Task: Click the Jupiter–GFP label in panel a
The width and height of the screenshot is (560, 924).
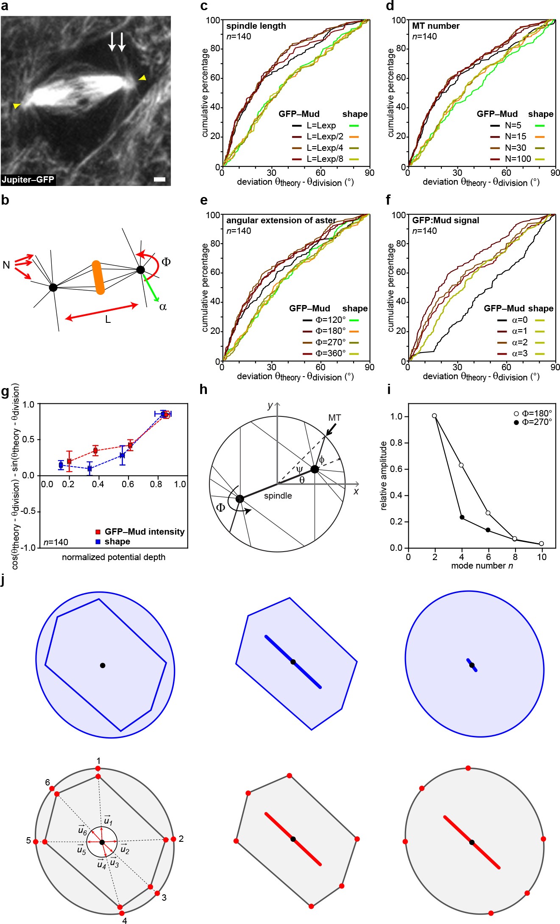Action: (x=28, y=180)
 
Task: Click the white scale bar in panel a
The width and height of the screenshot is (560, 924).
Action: (x=159, y=180)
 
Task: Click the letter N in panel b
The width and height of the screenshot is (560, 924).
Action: (x=6, y=265)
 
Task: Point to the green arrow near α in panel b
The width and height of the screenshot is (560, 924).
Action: (x=151, y=289)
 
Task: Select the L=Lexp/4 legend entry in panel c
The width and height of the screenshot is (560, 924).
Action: (x=325, y=148)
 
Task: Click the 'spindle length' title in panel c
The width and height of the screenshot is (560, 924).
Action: (x=256, y=26)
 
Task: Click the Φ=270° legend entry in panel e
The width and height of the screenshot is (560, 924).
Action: (x=330, y=342)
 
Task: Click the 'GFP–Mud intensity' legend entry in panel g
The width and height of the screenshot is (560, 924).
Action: (x=144, y=532)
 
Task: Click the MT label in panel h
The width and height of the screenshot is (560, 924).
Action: (x=334, y=418)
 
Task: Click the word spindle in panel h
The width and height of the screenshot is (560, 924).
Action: (x=278, y=496)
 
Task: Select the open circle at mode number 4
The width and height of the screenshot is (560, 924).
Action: (x=461, y=465)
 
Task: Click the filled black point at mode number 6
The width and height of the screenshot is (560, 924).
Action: (x=488, y=530)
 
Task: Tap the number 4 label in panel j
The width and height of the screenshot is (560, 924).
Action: (x=125, y=920)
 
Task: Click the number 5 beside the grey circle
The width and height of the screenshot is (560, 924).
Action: (x=28, y=841)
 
